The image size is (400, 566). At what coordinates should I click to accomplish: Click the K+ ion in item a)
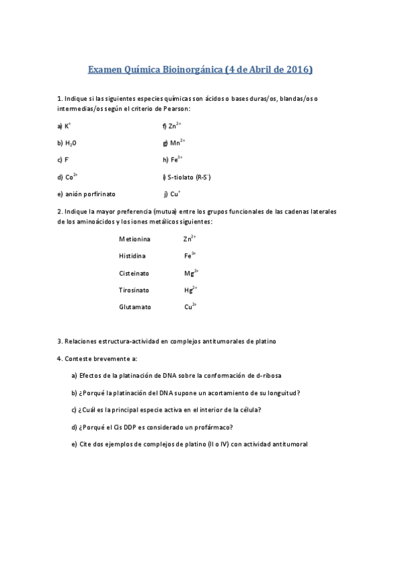click(67, 125)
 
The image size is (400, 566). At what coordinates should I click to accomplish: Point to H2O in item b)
click(70, 143)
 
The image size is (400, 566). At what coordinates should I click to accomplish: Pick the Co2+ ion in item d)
click(71, 177)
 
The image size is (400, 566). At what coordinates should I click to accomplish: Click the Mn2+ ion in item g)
click(177, 142)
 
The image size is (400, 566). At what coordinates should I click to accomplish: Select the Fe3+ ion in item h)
click(176, 160)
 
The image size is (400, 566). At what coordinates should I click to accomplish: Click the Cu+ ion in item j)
click(176, 194)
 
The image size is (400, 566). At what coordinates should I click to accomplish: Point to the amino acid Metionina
click(135, 239)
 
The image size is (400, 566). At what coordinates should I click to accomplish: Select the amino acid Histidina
click(132, 256)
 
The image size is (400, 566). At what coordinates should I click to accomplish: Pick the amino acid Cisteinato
click(134, 273)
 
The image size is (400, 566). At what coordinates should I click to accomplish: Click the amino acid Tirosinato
click(134, 290)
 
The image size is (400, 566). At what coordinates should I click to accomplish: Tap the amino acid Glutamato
click(135, 307)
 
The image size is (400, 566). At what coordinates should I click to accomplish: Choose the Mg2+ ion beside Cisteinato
click(192, 273)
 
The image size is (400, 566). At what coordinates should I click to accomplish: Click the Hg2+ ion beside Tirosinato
click(190, 290)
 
